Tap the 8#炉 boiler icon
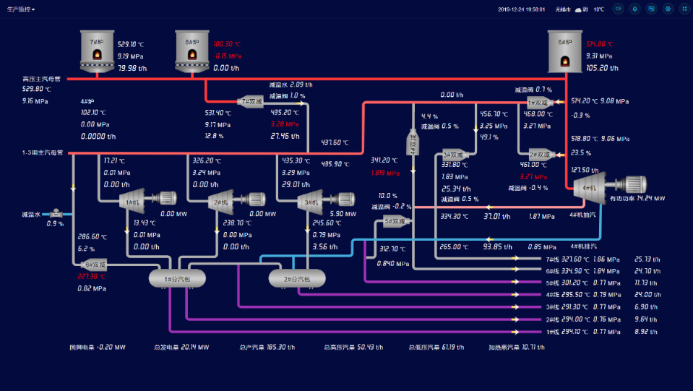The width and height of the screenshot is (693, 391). tap(191, 52)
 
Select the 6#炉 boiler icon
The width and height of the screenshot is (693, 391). tap(564, 52)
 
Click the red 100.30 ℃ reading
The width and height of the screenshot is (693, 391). tap(228, 44)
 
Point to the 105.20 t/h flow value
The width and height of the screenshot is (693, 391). tap(597, 68)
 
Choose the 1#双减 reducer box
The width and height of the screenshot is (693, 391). tap(539, 103)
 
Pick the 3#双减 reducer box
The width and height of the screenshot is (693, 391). tap(455, 154)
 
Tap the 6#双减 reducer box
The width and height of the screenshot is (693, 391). tap(95, 265)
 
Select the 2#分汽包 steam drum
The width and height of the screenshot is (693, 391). tap(297, 278)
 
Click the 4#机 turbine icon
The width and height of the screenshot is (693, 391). tap(588, 187)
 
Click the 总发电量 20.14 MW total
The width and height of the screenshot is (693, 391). tap(181, 347)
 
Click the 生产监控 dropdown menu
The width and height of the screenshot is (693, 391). tap(21, 9)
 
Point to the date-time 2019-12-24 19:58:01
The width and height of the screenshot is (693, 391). tap(522, 9)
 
